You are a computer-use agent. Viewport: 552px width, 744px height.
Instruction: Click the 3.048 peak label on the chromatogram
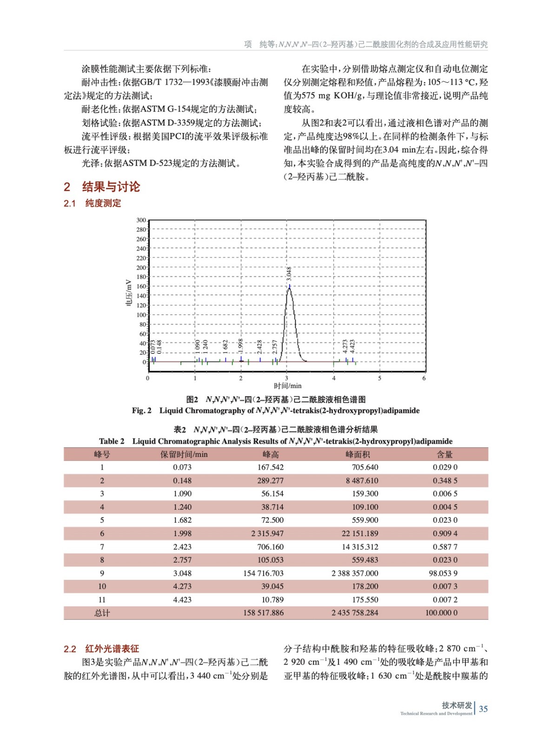pos(289,273)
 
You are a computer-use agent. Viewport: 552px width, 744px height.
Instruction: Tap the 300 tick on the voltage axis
pos(141,220)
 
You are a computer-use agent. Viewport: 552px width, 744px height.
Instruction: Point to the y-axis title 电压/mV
pos(129,292)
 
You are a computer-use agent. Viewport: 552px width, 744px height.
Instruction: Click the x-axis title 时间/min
pos(287,385)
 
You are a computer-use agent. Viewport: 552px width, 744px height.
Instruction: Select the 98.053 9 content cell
pos(443,573)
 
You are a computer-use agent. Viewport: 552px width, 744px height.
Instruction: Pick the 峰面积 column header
pos(357,454)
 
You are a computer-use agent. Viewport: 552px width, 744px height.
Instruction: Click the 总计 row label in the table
pos(102,613)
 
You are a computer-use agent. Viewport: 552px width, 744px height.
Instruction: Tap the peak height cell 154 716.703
pos(263,573)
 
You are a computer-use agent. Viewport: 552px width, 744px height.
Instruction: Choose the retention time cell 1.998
pos(182,533)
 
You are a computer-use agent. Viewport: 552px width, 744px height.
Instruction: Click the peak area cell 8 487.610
pos(361,480)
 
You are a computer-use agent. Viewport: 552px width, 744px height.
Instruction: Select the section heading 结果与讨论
pos(111,187)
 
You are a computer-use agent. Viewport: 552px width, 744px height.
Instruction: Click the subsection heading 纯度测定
pos(103,203)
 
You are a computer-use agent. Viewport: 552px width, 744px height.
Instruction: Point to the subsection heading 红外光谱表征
pos(112,649)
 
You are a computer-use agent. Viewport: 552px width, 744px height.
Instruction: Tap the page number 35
pos(483,709)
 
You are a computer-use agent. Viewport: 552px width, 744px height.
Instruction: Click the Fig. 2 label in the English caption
pos(141,411)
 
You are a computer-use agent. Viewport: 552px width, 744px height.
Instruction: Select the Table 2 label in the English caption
pos(112,441)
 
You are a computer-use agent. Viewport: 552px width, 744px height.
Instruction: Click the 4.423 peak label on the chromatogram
pos(352,346)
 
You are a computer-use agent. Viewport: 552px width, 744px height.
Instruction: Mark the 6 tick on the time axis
pos(424,378)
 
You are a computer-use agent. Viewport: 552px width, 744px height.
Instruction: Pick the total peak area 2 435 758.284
pos(354,613)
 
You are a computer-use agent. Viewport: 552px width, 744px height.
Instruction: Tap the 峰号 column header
pos(102,454)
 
